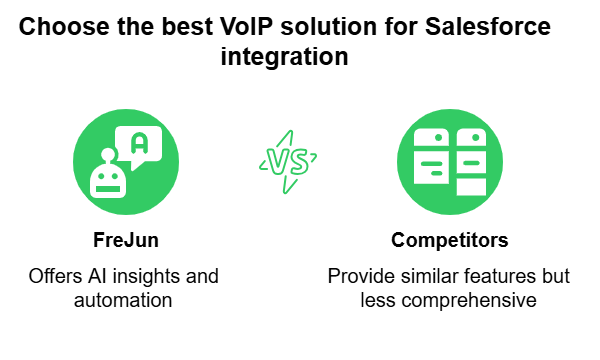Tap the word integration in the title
284,57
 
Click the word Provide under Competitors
357,275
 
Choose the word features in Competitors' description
488,275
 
